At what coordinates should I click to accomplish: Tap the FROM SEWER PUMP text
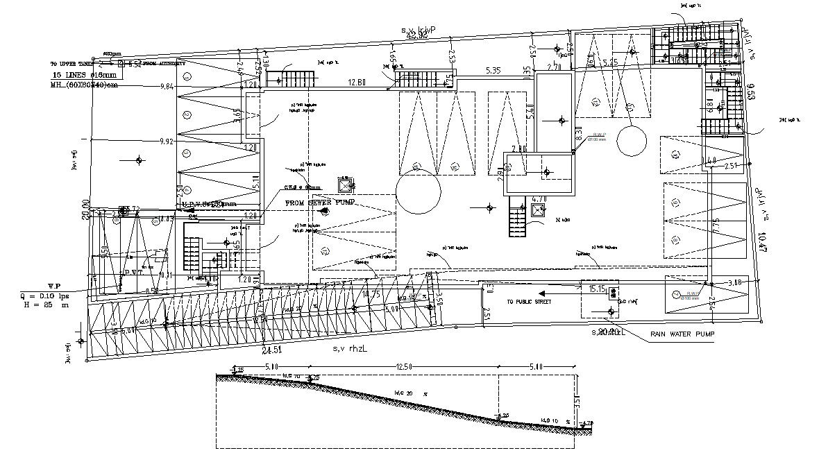320,202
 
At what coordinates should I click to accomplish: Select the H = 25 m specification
46,305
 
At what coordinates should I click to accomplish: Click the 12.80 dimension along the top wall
357,83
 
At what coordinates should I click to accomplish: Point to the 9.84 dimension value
167,86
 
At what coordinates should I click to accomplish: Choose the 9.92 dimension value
167,142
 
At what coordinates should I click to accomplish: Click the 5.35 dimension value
493,70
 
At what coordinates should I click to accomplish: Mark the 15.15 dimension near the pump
598,288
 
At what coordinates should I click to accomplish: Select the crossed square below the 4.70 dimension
538,212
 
